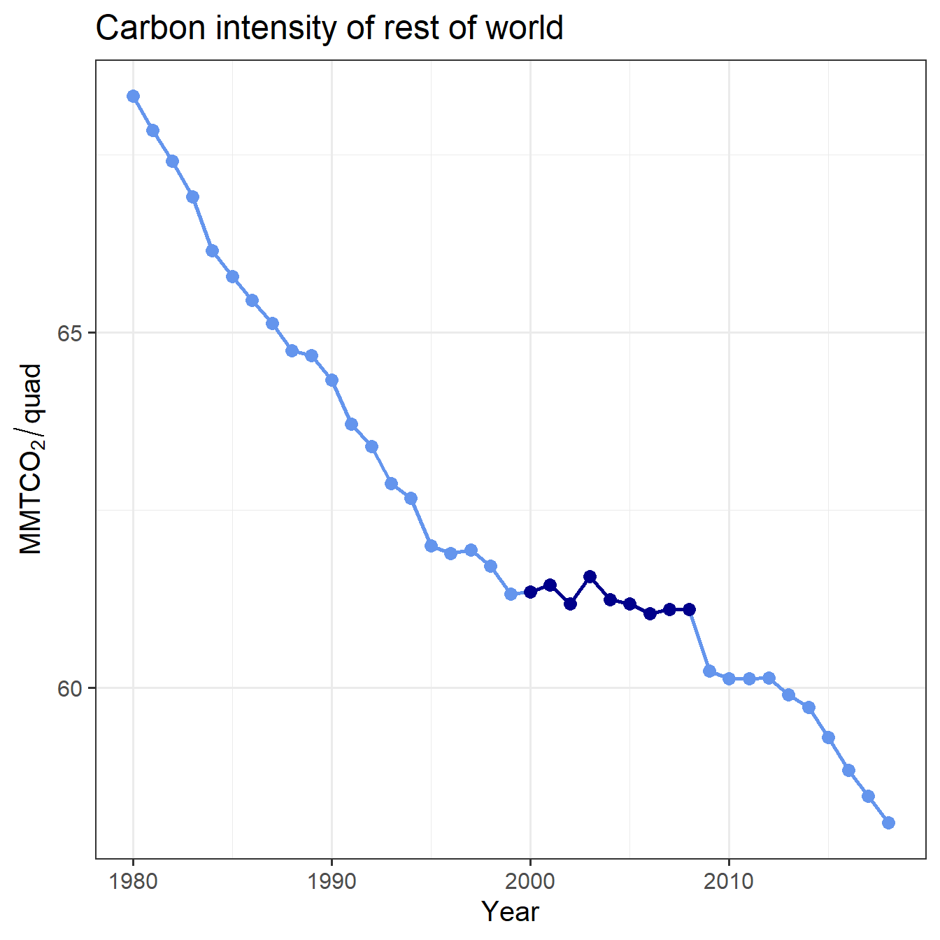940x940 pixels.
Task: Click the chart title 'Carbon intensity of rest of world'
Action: tap(329, 29)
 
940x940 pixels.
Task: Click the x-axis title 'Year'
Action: tap(510, 911)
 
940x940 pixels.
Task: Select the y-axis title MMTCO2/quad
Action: tap(31, 459)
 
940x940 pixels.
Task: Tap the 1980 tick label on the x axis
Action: tap(133, 881)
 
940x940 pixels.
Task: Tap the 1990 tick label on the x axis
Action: tap(332, 881)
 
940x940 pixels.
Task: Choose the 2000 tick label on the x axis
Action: tap(530, 881)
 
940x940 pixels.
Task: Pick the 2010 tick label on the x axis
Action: tap(729, 881)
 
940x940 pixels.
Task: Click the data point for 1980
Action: tap(133, 96)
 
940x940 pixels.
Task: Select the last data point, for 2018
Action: tap(888, 822)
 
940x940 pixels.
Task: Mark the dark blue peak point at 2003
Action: tap(590, 576)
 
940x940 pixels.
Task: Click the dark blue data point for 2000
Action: tap(530, 592)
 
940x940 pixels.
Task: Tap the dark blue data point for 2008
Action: tap(689, 609)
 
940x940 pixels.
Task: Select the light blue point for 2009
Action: tap(709, 671)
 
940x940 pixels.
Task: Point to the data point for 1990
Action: tap(332, 380)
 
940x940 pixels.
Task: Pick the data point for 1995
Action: tap(431, 546)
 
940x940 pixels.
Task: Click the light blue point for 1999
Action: tap(511, 594)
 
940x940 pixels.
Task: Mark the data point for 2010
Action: tap(729, 678)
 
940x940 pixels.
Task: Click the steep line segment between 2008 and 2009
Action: tap(699, 640)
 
